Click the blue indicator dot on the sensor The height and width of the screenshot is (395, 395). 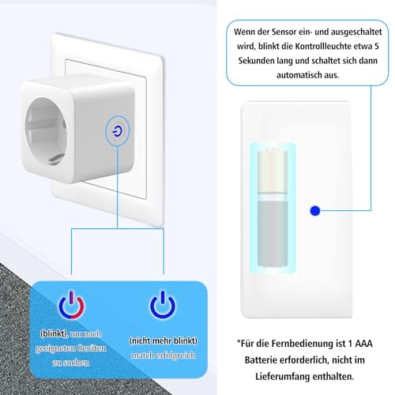[x=315, y=210]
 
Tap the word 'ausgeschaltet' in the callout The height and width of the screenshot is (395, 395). [x=355, y=32]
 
